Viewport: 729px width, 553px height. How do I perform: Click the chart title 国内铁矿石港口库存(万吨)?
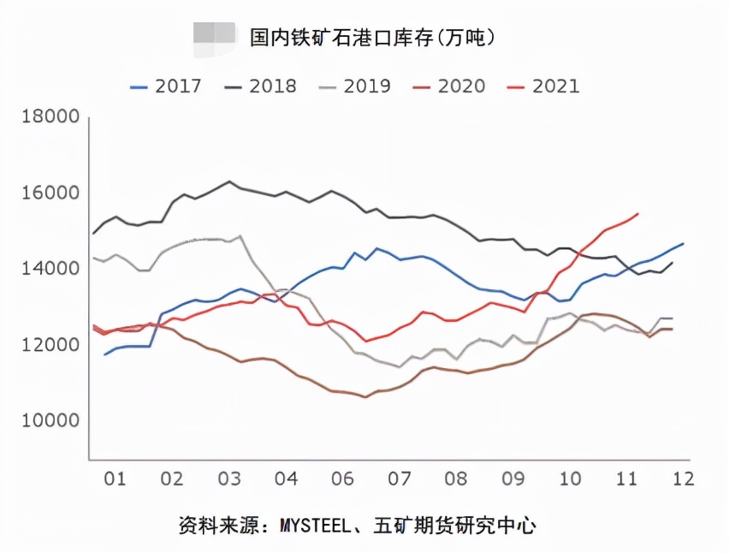click(372, 38)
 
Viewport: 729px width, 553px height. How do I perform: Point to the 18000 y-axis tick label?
click(50, 117)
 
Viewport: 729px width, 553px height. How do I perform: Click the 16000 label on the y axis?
click(50, 193)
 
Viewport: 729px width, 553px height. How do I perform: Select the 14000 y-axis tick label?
click(50, 269)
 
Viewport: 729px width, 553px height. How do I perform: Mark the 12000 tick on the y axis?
click(50, 345)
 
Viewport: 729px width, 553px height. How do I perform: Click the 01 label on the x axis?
click(115, 477)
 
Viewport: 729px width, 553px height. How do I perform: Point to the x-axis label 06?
click(342, 477)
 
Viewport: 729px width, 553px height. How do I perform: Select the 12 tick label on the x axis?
click(682, 477)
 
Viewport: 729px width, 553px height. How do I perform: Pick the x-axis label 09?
click(513, 477)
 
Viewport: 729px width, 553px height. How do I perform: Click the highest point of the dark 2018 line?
click(228, 181)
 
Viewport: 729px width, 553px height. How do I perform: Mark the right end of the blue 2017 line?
click(682, 244)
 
